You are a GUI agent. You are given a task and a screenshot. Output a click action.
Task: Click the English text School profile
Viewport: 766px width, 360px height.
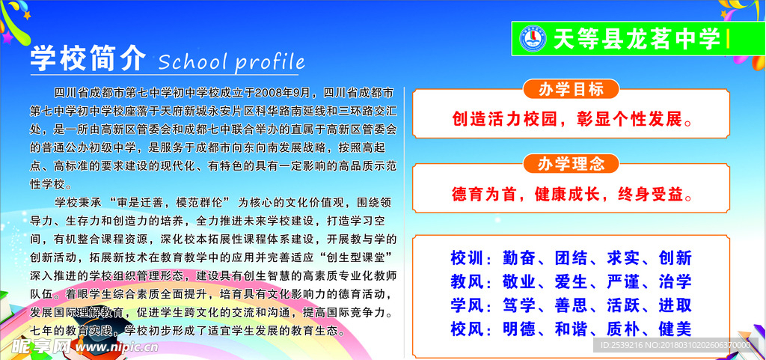[x=232, y=61]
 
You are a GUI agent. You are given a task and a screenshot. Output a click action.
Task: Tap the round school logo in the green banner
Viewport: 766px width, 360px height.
[x=534, y=38]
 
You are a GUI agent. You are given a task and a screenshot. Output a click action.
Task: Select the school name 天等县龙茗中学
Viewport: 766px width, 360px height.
[x=636, y=39]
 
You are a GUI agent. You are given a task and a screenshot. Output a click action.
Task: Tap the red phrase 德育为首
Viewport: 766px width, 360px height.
[x=485, y=195]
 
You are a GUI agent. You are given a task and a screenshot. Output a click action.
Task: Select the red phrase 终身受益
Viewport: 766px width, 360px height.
[x=652, y=195]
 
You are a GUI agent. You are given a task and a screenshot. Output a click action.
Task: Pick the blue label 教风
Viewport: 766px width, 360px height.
[x=467, y=282]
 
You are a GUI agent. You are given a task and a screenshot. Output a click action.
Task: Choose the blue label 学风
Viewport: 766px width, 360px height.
[x=467, y=305]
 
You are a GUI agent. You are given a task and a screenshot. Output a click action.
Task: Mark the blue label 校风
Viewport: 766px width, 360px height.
[x=467, y=329]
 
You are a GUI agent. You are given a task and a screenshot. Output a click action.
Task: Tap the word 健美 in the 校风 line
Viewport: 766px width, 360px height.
[x=675, y=329]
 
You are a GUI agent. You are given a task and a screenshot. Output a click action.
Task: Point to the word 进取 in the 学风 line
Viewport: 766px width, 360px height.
[x=675, y=305]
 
